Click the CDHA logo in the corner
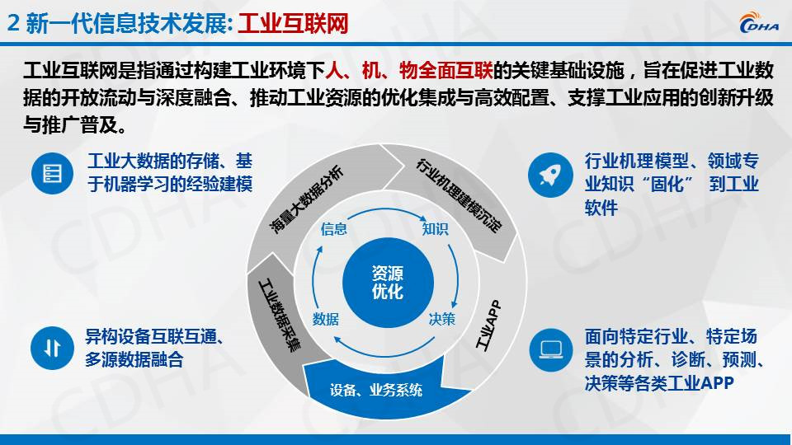(x=759, y=22)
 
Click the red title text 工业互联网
(x=293, y=24)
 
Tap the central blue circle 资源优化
(x=388, y=282)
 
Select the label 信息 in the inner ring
(x=333, y=229)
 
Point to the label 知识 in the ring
(x=435, y=229)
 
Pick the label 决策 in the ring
(x=442, y=319)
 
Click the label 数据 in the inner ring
(x=326, y=319)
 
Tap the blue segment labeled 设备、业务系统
(x=375, y=389)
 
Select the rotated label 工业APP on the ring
(x=488, y=326)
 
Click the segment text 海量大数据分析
(x=307, y=199)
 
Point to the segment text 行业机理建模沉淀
(x=459, y=196)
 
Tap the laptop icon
(x=550, y=349)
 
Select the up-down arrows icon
(x=53, y=348)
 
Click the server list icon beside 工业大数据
(x=53, y=173)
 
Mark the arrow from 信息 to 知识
(x=386, y=210)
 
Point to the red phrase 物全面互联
(x=446, y=70)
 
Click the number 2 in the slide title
(x=14, y=24)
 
